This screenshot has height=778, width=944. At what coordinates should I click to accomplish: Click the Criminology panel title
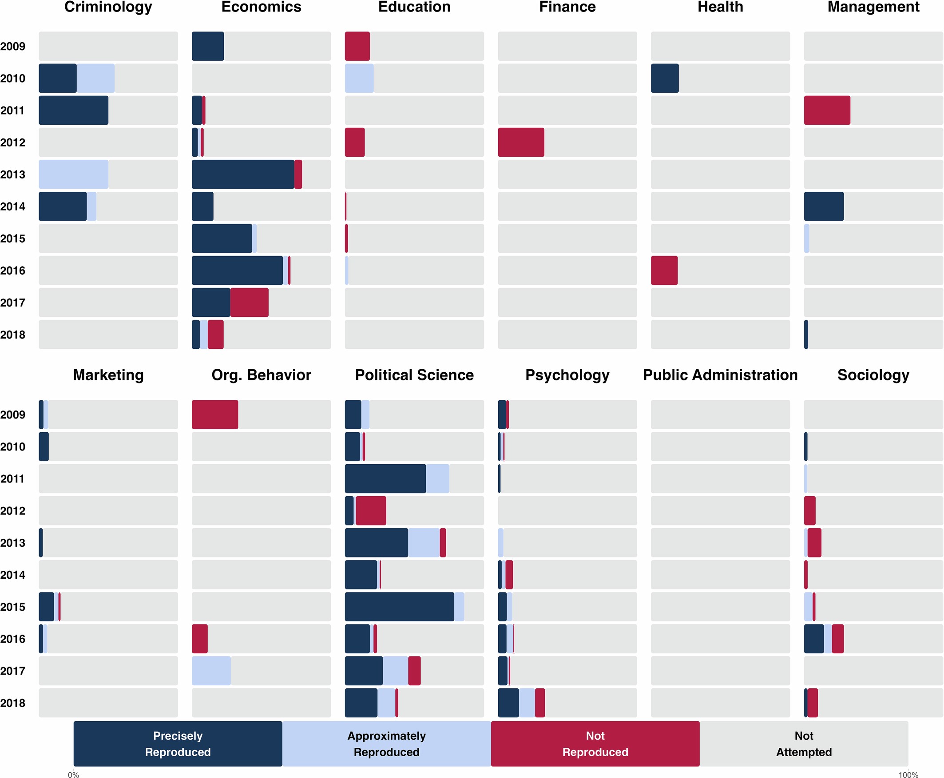108,7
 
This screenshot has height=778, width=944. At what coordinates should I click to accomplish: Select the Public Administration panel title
720,375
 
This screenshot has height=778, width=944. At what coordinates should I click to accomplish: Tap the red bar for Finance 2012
521,142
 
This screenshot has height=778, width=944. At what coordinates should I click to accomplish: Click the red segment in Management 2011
826,110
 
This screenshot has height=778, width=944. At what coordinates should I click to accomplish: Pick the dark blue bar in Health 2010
665,78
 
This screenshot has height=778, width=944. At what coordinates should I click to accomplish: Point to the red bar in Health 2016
664,270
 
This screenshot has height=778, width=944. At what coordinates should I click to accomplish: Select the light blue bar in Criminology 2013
74,174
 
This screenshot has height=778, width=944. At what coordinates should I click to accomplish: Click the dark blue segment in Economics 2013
242,174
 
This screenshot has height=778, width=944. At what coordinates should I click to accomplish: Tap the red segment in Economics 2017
250,303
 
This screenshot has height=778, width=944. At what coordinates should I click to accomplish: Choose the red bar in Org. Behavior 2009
215,415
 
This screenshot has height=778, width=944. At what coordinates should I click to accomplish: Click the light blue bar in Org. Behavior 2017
211,671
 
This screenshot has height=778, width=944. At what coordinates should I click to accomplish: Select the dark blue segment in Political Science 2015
399,607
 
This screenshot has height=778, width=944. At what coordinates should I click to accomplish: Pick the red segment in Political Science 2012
371,510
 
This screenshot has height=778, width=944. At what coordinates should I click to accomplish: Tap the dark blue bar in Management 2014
823,206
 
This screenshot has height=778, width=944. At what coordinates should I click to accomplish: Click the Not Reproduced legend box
595,744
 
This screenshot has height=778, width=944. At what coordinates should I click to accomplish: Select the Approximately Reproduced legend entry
387,744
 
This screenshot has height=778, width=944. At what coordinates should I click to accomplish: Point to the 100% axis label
908,774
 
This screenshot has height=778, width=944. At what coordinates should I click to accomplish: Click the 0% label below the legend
74,774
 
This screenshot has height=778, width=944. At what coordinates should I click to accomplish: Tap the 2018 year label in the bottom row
12,703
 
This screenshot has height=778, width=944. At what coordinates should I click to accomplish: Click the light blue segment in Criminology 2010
95,78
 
